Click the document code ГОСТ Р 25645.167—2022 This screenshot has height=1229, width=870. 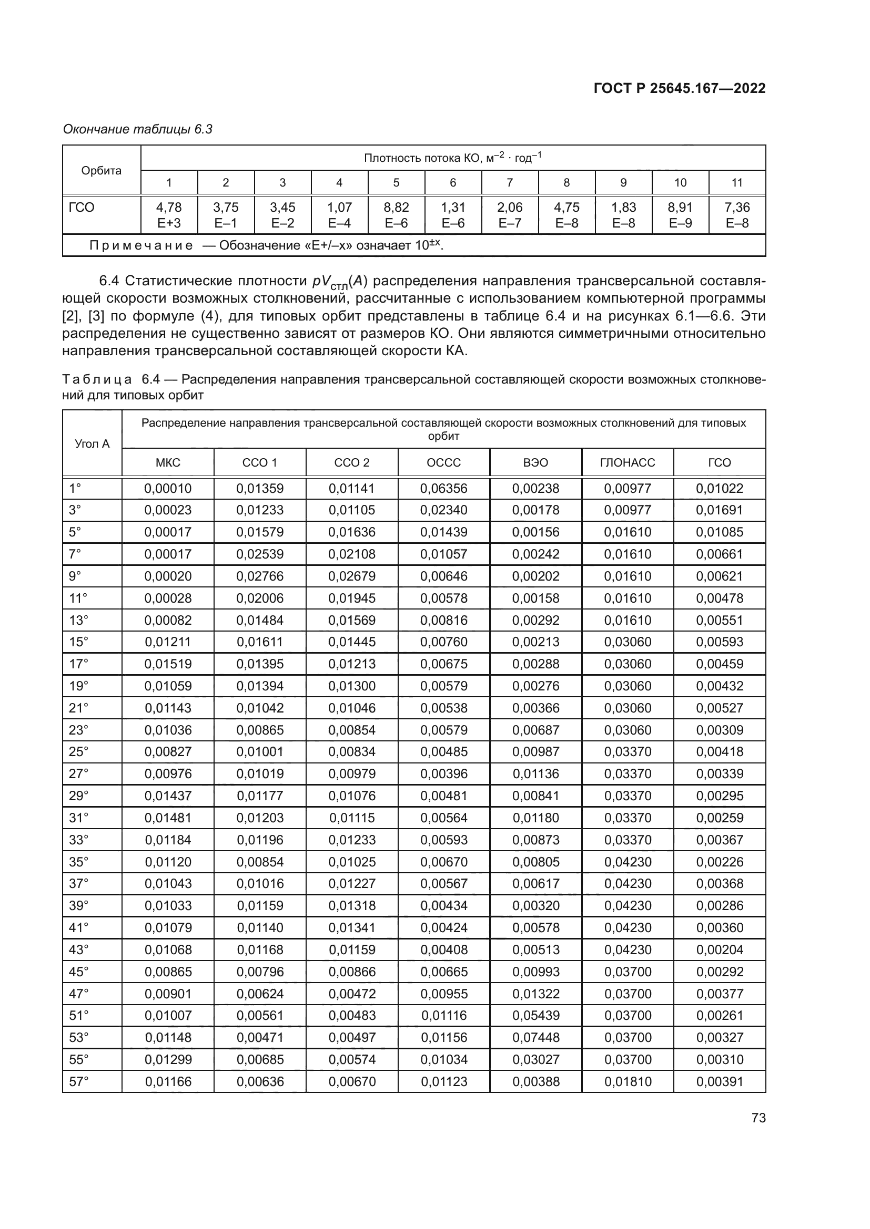click(679, 88)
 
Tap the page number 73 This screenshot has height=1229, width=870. click(758, 1118)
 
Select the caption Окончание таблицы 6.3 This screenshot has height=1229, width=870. click(138, 129)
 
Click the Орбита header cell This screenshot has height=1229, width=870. click(101, 171)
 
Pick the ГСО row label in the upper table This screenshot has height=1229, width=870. click(82, 208)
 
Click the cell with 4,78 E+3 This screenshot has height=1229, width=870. click(169, 215)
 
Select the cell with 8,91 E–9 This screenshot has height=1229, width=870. click(680, 215)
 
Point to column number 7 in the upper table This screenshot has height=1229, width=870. click(510, 182)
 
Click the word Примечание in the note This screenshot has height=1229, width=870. click(141, 246)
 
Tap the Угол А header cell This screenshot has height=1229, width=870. click(92, 444)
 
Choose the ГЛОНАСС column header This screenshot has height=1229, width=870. click(628, 462)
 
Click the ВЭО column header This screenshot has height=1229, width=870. click(535, 462)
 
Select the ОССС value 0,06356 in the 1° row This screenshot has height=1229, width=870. click(443, 488)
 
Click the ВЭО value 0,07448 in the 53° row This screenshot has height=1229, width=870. click(535, 1037)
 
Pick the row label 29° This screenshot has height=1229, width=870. click(78, 796)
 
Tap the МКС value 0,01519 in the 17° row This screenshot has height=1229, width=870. click(168, 664)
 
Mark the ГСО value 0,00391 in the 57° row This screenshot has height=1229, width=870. click(720, 1081)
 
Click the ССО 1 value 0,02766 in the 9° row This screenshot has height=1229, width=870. click(260, 576)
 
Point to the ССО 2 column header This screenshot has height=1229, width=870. click(351, 462)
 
